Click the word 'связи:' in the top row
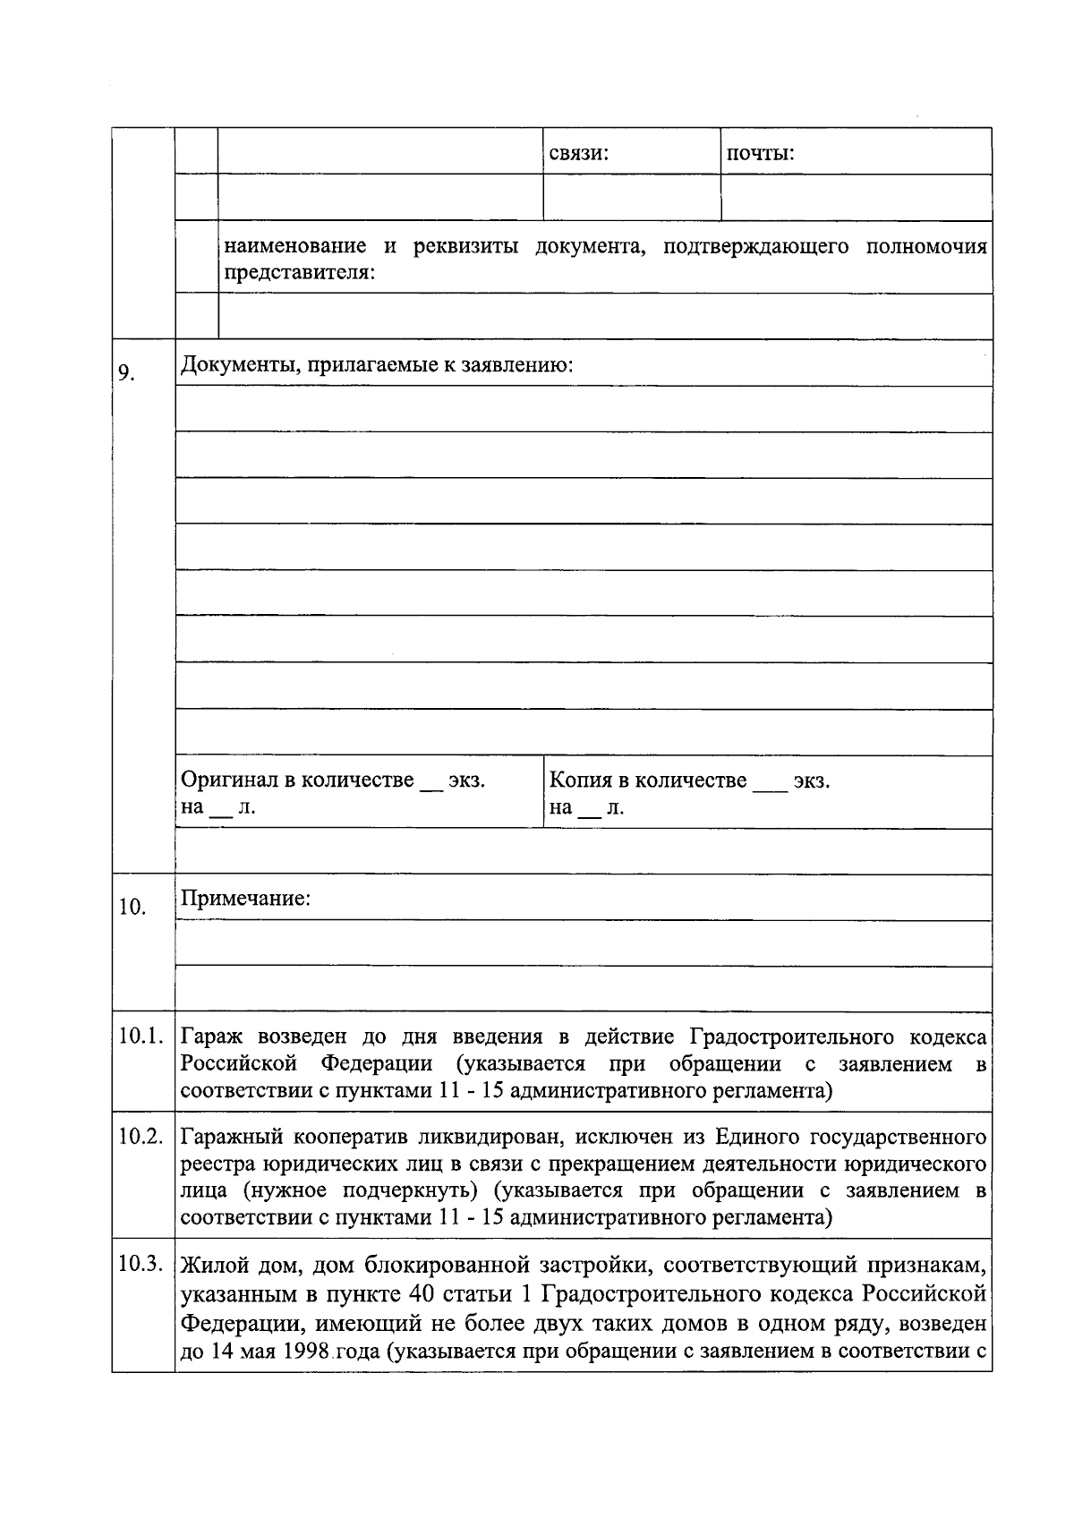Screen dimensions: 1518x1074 (x=578, y=154)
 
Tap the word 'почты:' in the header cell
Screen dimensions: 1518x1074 (x=760, y=154)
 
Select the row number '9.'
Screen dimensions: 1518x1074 (x=127, y=372)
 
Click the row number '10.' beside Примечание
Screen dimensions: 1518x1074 (x=132, y=908)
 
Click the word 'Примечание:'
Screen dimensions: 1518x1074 (x=245, y=898)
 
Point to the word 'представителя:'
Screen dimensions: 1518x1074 (x=298, y=272)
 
